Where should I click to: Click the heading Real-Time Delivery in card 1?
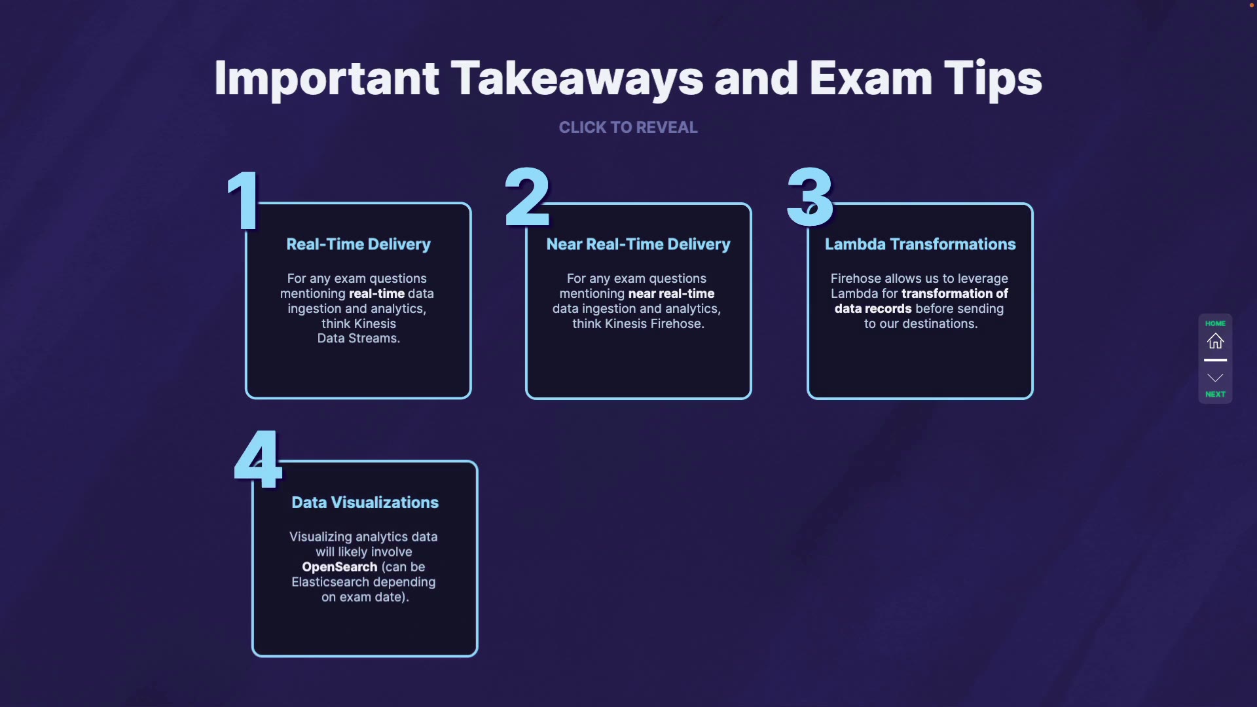tap(358, 244)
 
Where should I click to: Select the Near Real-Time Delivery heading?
tap(638, 244)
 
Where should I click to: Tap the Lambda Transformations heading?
tap(920, 244)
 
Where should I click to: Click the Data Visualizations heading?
tap(365, 502)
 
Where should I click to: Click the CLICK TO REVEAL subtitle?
tap(628, 127)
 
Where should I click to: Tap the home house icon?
tap(1215, 341)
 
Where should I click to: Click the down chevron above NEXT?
tap(1215, 378)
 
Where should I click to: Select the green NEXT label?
tap(1215, 394)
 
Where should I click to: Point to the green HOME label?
tap(1215, 323)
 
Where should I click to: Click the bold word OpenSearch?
tap(339, 567)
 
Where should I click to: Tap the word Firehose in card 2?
tap(676, 323)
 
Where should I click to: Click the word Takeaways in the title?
tap(577, 79)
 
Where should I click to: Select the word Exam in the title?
tap(871, 79)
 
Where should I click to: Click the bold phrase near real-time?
tap(671, 293)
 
